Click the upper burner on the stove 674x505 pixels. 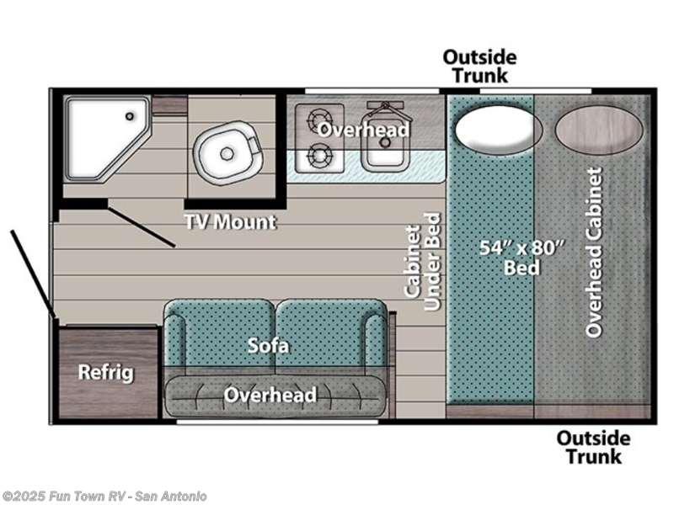321,118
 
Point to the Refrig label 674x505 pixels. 106,373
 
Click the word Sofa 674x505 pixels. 269,345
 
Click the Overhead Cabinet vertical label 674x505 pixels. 595,252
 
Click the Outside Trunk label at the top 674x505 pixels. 480,66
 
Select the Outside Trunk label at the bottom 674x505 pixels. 593,447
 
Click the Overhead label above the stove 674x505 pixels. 363,130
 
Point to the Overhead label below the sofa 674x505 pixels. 270,395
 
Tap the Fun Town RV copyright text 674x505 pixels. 105,497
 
